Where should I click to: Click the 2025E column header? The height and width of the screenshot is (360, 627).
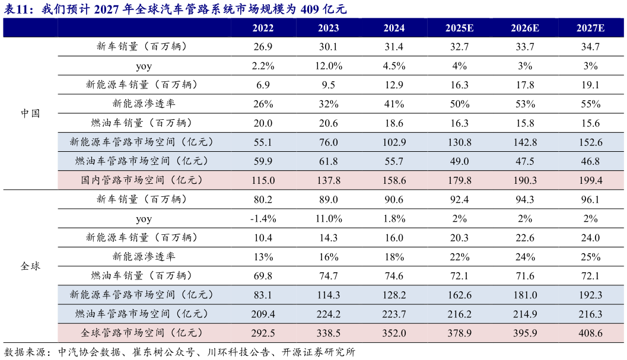tap(459, 28)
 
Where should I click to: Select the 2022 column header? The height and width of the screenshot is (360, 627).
tap(263, 28)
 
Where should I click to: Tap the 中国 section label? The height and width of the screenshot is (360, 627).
tap(30, 113)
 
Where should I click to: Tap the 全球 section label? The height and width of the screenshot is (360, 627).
tap(30, 266)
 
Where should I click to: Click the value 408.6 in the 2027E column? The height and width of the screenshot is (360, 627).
tap(590, 333)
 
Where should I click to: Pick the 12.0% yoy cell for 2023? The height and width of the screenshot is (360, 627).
tap(329, 66)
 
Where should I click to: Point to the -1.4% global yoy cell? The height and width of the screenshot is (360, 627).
tap(263, 218)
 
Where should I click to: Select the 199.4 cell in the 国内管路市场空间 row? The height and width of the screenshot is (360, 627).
tap(590, 180)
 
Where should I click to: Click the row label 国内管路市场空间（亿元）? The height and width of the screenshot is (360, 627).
tap(142, 180)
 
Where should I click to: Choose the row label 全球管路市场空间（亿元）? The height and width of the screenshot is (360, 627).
tap(142, 333)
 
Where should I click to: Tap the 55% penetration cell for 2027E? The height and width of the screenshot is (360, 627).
tap(590, 104)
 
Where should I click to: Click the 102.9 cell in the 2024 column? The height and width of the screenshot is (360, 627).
tap(394, 142)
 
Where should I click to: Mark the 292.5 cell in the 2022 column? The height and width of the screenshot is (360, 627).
tap(263, 333)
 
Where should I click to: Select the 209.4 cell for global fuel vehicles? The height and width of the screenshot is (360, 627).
tap(263, 314)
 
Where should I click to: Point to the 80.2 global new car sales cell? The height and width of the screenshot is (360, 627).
tap(263, 199)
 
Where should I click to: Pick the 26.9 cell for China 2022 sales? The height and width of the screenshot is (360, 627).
tap(263, 47)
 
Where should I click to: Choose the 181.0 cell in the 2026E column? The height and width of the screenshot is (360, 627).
tap(525, 295)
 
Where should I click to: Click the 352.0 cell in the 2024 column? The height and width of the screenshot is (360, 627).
tap(394, 333)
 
